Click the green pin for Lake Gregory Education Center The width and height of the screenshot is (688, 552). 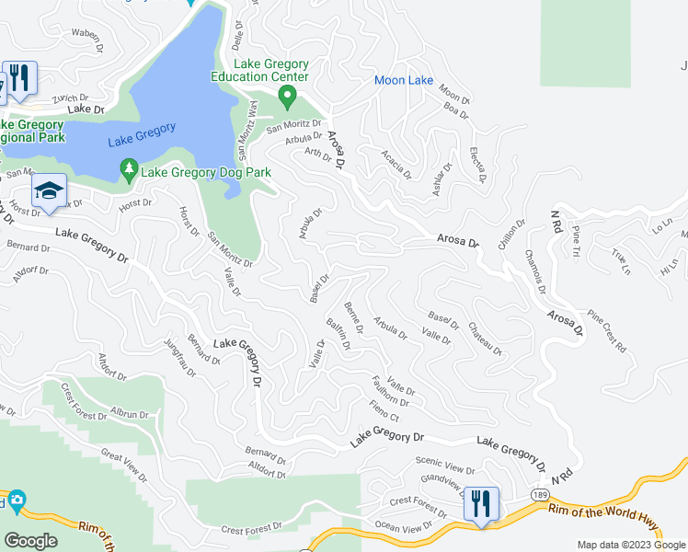tap(287, 96)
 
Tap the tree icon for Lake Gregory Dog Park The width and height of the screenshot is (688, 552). tap(130, 168)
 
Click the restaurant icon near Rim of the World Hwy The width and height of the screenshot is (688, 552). tap(481, 505)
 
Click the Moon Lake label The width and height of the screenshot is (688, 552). tap(404, 81)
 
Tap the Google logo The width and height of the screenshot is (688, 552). tap(30, 541)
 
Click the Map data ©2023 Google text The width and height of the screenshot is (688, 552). tap(630, 545)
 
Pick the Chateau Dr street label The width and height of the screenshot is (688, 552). tap(485, 339)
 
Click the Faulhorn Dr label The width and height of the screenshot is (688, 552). tap(391, 390)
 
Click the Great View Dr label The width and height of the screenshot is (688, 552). tap(123, 466)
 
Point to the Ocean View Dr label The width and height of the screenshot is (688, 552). tap(403, 527)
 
